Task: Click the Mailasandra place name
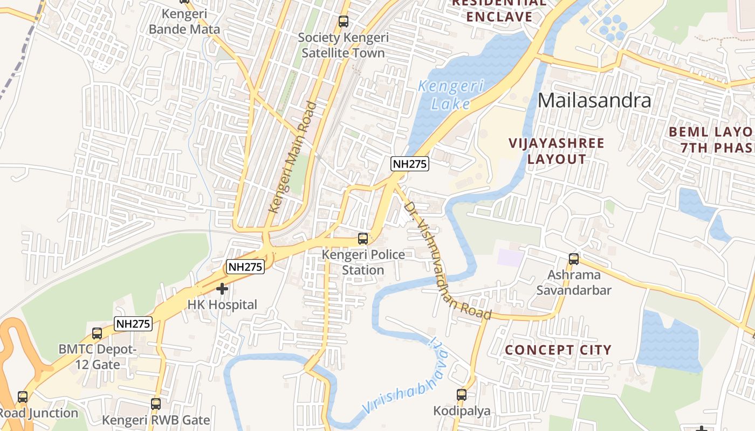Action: (594, 101)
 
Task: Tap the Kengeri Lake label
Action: (451, 94)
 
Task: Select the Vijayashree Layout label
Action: (557, 151)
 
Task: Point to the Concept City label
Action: (558, 350)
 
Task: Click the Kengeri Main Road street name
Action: (292, 157)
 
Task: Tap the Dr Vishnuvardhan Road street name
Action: (447, 261)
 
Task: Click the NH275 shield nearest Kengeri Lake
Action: (410, 164)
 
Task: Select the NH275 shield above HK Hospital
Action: (245, 266)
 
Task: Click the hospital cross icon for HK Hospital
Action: (222, 289)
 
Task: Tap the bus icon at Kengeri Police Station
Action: (363, 238)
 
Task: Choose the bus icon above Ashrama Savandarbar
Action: (574, 259)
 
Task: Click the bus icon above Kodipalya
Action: (462, 395)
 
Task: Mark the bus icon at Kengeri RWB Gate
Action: (156, 404)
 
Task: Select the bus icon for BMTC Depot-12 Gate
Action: (97, 333)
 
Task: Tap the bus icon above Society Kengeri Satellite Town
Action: (343, 22)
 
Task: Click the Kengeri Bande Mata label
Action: (184, 22)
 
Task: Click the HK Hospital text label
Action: (222, 305)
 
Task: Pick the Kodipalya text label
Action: (462, 411)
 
